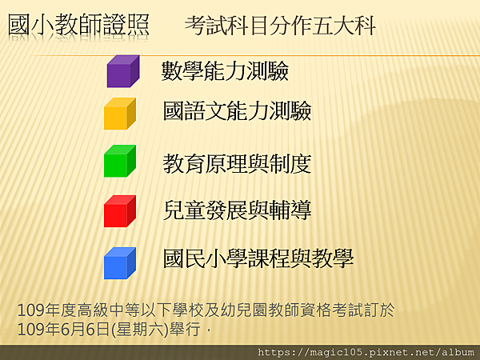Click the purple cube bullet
coord(123,71)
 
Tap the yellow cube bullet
coord(120,114)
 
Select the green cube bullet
coord(120,161)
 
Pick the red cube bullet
coord(120,211)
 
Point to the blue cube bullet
coord(120,263)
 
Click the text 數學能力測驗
coord(225,70)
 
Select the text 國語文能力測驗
coord(238,110)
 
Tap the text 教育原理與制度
coord(238,164)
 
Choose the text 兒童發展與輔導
coord(238,210)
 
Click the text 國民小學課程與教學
coord(258,258)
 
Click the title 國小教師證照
coord(78,25)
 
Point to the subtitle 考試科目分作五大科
coord(280,26)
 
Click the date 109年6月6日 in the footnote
coord(63,330)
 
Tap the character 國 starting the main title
coord(18,25)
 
